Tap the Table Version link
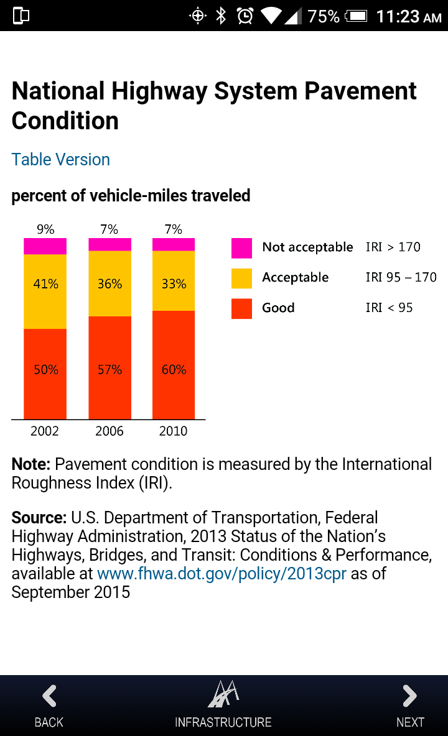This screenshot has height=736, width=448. [60, 160]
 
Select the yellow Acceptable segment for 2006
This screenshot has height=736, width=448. [110, 283]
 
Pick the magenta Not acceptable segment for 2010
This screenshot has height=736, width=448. [174, 244]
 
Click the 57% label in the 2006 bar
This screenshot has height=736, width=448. [110, 370]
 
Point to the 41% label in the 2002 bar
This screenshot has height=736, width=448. [45, 284]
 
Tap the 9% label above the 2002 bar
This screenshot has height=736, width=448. [45, 229]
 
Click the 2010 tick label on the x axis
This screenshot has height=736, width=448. [173, 431]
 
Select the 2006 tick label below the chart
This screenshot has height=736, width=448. [110, 431]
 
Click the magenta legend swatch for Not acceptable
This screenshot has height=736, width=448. [241, 248]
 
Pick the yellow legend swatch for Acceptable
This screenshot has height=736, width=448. [241, 278]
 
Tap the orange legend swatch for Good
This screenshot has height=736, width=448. [241, 308]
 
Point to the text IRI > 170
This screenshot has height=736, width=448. [393, 247]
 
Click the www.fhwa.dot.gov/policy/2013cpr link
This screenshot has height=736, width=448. [222, 573]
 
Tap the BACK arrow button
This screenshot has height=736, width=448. [49, 697]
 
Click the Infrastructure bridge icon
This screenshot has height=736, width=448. [223, 695]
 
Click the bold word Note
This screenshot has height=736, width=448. [30, 465]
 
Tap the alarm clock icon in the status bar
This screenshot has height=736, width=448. [245, 16]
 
